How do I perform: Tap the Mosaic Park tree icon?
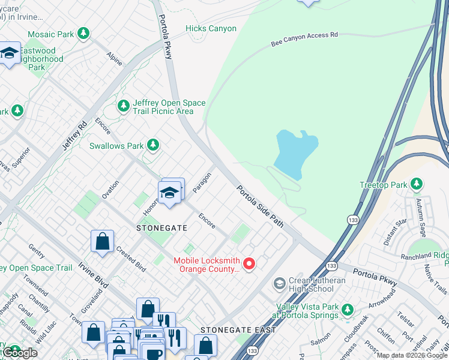click(x=85, y=34)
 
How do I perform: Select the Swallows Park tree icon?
click(x=154, y=145)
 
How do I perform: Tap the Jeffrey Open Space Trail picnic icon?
click(x=124, y=106)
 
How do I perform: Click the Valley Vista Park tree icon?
click(x=347, y=310)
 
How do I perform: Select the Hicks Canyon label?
click(x=211, y=28)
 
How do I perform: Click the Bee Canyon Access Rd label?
click(x=304, y=40)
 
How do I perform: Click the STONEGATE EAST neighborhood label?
click(x=238, y=330)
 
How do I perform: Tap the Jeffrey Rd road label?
click(x=74, y=136)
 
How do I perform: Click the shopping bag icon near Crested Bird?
click(x=103, y=242)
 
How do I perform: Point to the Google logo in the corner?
click(x=20, y=353)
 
